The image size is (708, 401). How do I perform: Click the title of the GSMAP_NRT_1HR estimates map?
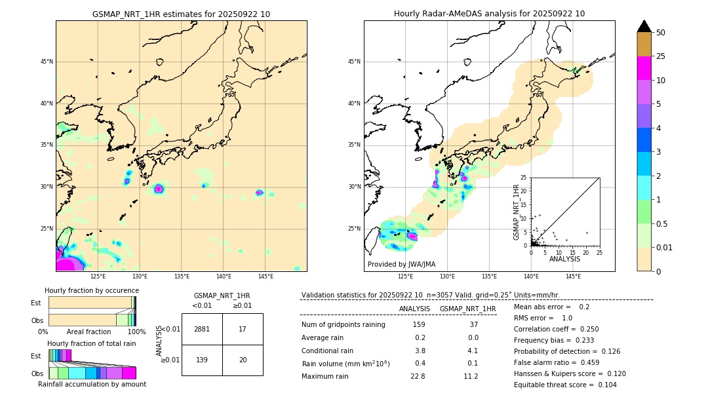point(181,14)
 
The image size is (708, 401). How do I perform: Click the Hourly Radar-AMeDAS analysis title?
point(489,14)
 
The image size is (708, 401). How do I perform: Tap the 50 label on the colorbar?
point(661,33)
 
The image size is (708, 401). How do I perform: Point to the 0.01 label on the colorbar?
point(665,247)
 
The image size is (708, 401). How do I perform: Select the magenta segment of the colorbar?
point(644,68)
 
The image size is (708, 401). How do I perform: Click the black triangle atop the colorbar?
point(644,26)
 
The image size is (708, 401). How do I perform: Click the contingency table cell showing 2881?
point(202,329)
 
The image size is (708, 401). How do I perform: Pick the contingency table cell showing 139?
point(202,360)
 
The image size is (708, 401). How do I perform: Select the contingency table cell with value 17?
point(243,329)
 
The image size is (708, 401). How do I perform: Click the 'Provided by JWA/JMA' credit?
point(401,264)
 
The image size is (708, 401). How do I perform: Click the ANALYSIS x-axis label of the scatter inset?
point(564,259)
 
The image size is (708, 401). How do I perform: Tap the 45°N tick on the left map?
point(46,62)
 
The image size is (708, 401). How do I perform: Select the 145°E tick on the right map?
point(573,277)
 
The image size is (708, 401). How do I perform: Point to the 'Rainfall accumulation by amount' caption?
point(92,384)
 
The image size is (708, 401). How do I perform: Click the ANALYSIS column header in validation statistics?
point(414,309)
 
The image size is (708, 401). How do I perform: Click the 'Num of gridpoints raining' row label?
point(343,325)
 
